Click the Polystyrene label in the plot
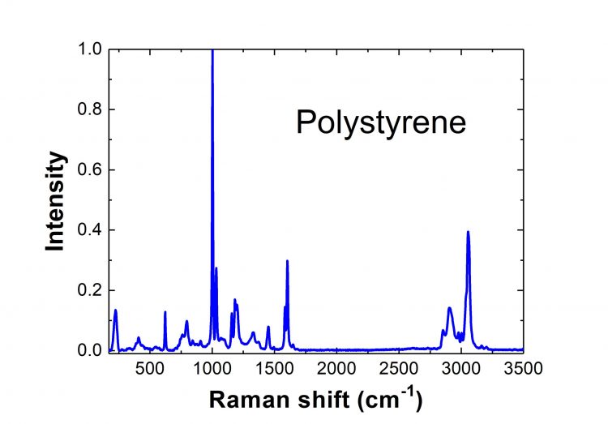tap(380, 122)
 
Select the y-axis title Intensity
tap(55, 200)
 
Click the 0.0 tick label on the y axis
tap(92, 350)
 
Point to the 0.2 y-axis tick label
tap(92, 290)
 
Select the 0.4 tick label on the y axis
tap(92, 230)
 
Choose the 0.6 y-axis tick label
tap(92, 169)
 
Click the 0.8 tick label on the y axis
tap(92, 109)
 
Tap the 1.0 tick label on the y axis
tap(92, 49)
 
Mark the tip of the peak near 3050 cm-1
tap(468, 232)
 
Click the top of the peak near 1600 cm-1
tap(287, 261)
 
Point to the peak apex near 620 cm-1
tap(165, 312)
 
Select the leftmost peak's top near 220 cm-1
tap(115, 311)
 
